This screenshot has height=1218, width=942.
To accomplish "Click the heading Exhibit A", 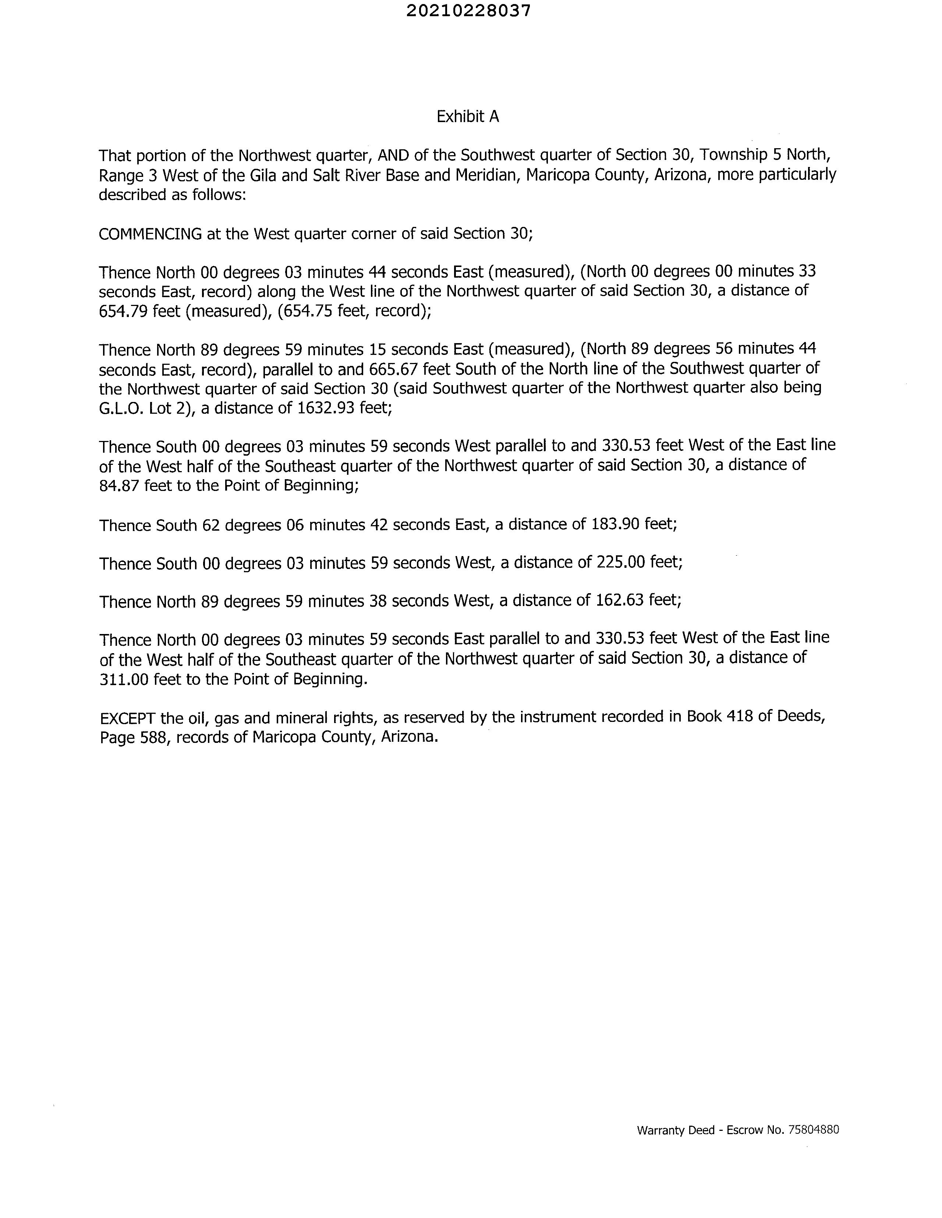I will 468,117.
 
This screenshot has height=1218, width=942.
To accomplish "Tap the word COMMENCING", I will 150,234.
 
